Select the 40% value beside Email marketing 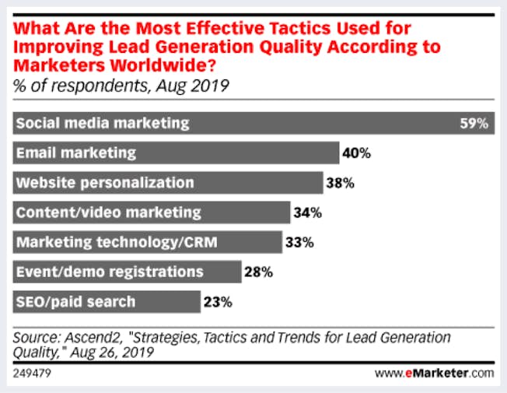(x=356, y=153)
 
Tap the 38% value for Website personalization (x=340, y=184)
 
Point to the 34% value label (x=307, y=212)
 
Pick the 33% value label (x=299, y=242)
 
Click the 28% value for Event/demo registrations (x=258, y=272)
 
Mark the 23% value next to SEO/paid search (x=217, y=301)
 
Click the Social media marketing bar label (x=103, y=124)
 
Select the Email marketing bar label (x=76, y=153)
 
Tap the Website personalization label (x=105, y=184)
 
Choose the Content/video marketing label (x=108, y=212)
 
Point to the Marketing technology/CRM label (x=117, y=242)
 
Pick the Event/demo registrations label (x=109, y=272)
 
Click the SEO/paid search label (x=75, y=301)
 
